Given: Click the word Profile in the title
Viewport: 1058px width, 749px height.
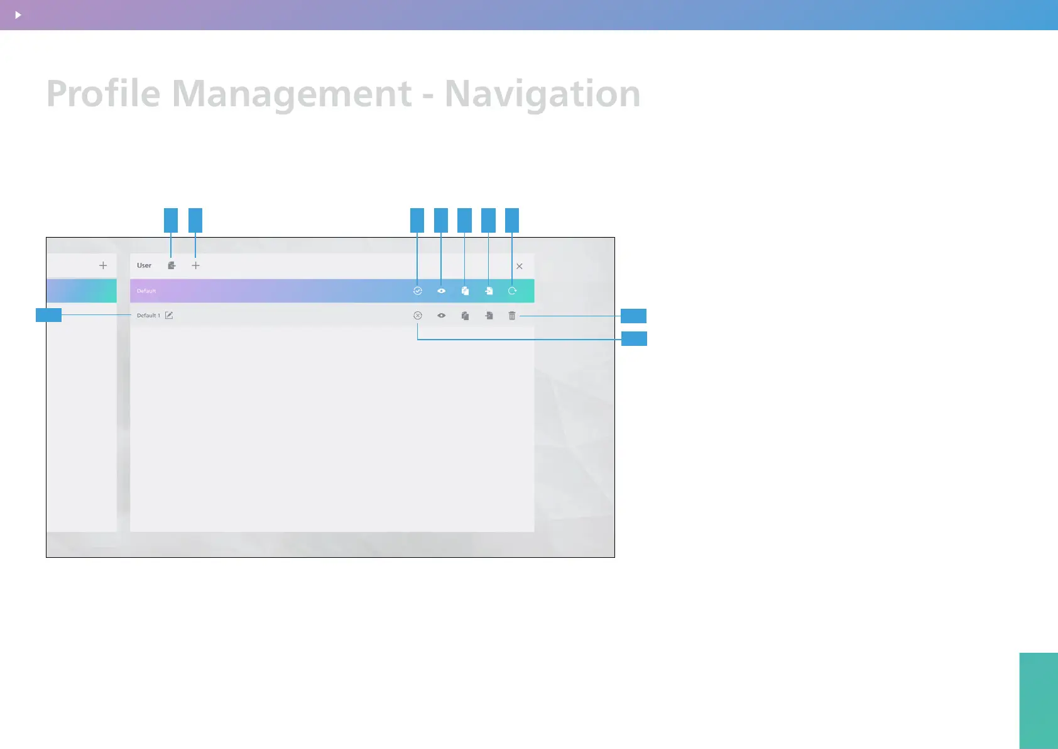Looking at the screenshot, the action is pos(104,94).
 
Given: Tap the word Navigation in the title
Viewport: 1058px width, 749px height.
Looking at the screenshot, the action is pos(542,94).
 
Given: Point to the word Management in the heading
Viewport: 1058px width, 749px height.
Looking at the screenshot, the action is pos(292,94).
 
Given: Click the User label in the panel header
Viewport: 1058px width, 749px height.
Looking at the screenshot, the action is pos(144,265).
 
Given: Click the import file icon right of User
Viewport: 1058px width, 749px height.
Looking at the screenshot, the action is pos(172,265).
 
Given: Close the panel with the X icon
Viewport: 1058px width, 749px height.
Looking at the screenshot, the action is pos(520,266).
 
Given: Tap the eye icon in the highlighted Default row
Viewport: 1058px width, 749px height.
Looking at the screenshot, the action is pos(441,291).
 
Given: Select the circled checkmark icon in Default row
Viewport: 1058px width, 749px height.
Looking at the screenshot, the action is pos(417,291).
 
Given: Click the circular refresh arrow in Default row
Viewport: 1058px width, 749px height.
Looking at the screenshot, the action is pos(512,291).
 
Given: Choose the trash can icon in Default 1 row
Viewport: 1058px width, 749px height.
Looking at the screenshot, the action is pos(512,316).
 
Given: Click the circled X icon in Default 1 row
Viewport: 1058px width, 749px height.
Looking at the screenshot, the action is pos(418,316).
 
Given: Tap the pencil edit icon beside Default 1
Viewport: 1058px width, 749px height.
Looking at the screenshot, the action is pos(169,315).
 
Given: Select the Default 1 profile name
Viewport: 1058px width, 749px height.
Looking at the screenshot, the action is pos(148,316).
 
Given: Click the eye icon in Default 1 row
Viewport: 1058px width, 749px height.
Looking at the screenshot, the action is pos(441,316).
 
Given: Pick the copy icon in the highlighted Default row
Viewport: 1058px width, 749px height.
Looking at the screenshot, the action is pos(465,291).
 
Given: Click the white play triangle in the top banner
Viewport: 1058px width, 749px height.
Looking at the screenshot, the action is pos(18,14).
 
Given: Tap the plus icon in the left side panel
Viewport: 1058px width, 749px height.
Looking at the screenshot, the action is pos(103,265).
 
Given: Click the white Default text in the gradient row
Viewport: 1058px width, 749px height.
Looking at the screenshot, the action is pos(146,291).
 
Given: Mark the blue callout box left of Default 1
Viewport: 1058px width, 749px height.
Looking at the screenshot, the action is pos(48,315).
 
